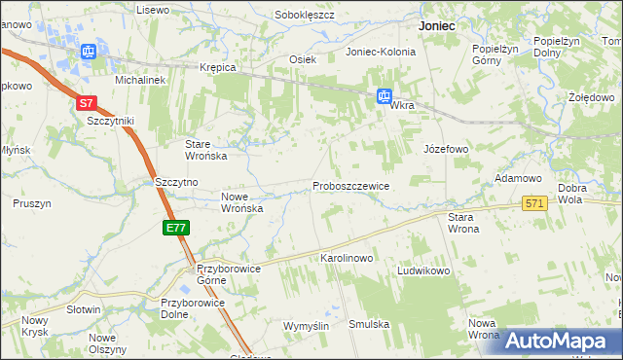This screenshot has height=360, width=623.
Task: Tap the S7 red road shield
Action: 86,102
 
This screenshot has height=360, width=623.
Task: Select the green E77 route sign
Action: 175,228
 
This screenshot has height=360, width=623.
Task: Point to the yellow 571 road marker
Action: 533,203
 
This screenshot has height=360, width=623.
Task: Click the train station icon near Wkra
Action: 385,96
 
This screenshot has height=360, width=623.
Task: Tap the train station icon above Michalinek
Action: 89,52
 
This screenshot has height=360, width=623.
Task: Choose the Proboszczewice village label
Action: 350,186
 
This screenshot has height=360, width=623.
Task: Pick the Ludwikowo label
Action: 422,270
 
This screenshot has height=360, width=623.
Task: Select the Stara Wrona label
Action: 463,223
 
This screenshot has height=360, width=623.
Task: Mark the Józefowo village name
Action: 446,149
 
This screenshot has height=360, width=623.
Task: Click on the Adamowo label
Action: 518,179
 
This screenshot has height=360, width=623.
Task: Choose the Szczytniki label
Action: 110,121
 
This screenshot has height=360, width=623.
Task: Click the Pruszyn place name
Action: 32,203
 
